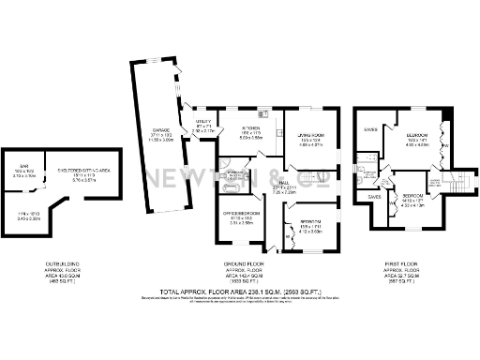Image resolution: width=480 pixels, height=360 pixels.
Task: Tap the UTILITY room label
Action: tap(203, 121)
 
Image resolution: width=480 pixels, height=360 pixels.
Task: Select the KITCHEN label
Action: tap(250, 127)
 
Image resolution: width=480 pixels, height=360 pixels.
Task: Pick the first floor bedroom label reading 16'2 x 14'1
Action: tap(417, 135)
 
